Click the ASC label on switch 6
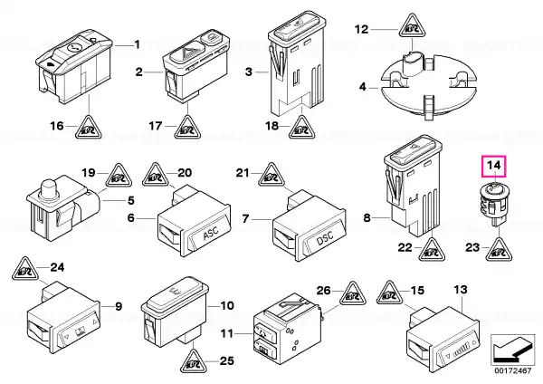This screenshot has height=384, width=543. pyautogui.click(x=212, y=233)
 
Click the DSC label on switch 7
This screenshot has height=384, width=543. pyautogui.click(x=325, y=238)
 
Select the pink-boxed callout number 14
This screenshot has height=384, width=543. pyautogui.click(x=494, y=166)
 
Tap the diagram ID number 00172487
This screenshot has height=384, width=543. pyautogui.click(x=512, y=370)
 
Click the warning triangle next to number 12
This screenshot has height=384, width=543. pyautogui.click(x=412, y=25)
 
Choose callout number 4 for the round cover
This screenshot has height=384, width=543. pyautogui.click(x=362, y=86)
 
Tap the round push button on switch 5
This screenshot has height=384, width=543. pyautogui.click(x=48, y=189)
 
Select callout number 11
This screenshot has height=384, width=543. pyautogui.click(x=227, y=334)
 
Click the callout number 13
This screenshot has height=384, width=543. pyautogui.click(x=461, y=290)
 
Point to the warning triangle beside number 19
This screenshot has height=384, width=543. pyautogui.click(x=119, y=175)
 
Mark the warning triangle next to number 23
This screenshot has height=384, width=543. pyautogui.click(x=499, y=249)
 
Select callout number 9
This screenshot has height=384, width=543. pyautogui.click(x=119, y=306)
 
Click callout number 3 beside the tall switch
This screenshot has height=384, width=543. pyautogui.click(x=249, y=72)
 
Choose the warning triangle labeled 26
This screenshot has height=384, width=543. pyautogui.click(x=353, y=293)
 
